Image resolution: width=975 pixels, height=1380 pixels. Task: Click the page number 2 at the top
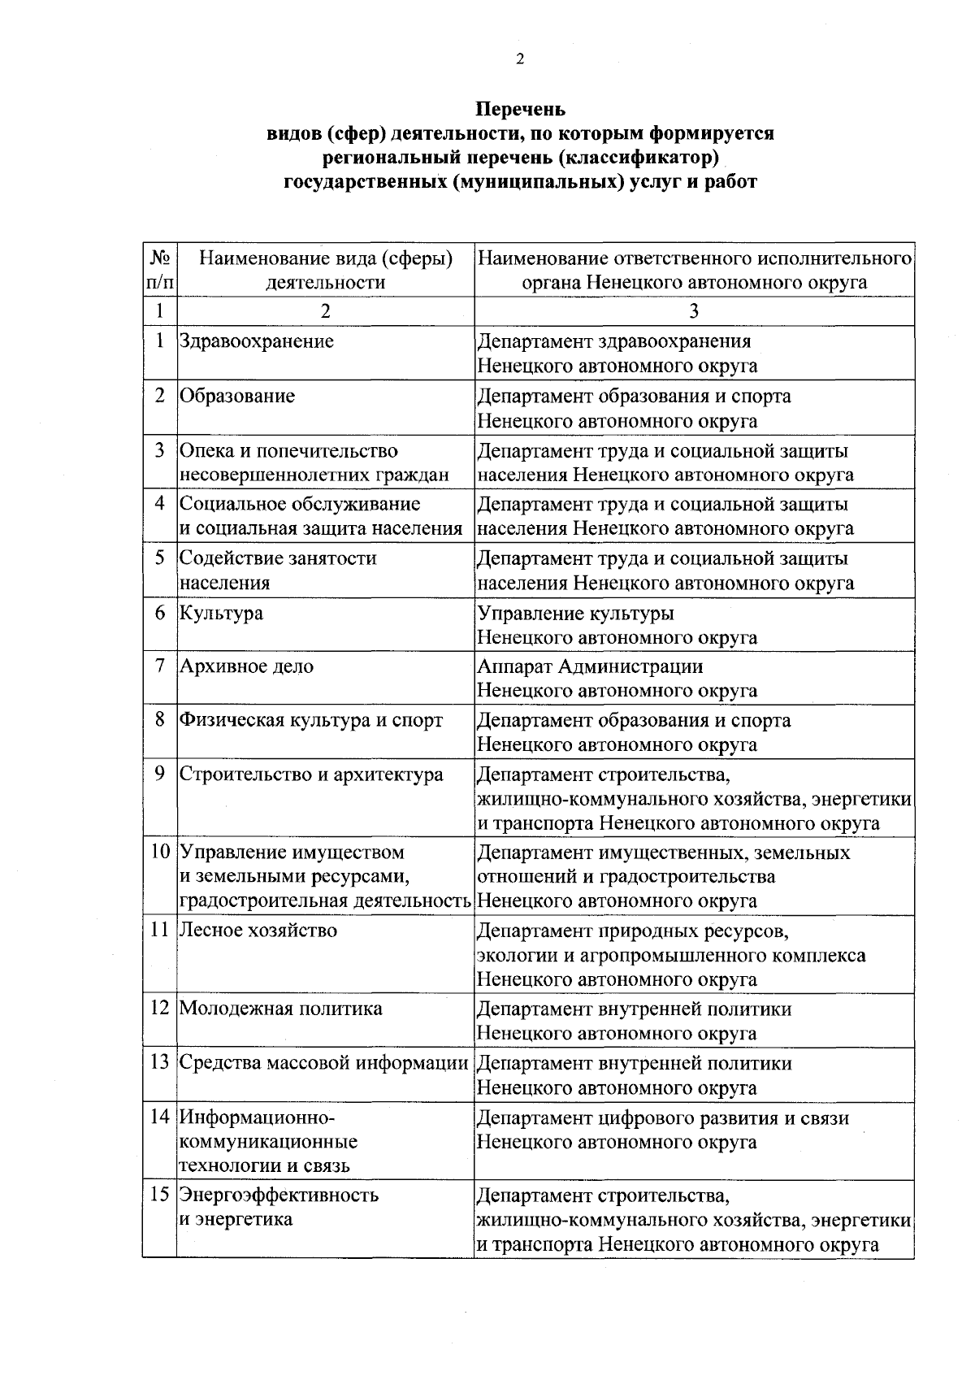point(520,59)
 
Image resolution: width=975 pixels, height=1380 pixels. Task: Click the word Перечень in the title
point(520,109)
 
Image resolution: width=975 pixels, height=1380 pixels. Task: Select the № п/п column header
point(160,270)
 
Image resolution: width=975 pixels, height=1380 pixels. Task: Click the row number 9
point(160,774)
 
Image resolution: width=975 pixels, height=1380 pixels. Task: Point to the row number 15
point(160,1196)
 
